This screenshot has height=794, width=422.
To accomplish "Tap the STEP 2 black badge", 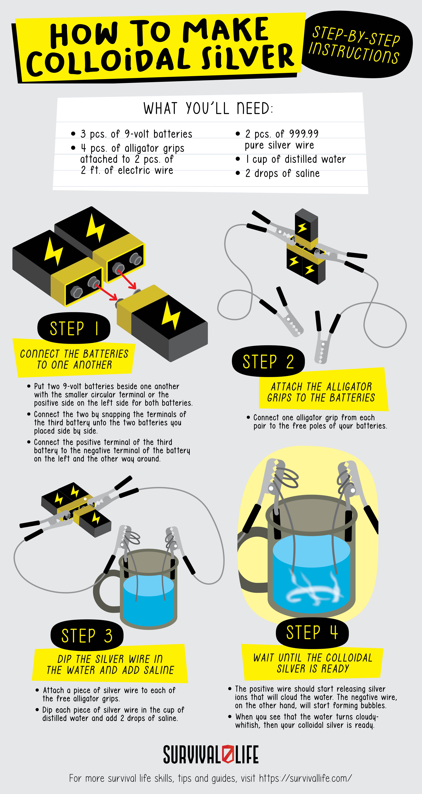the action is coord(268,361).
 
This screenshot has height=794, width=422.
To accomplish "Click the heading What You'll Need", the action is coord(208,109).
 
